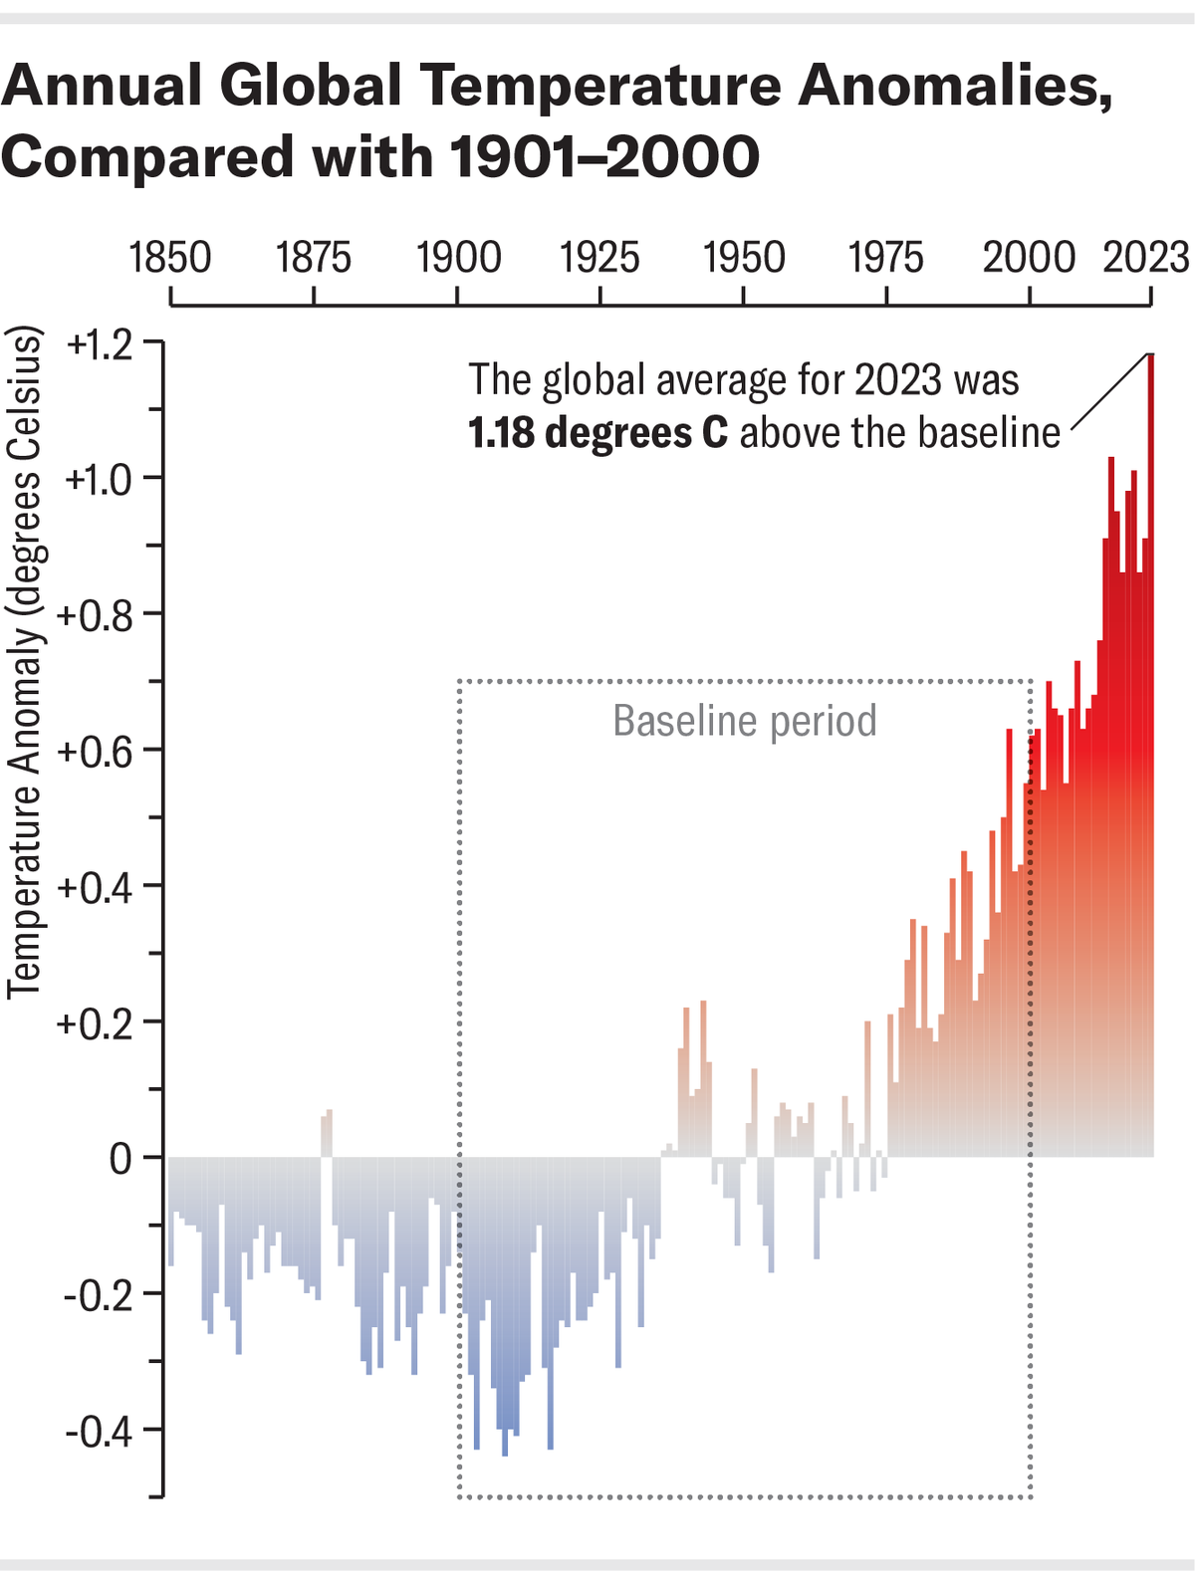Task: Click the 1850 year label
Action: [170, 258]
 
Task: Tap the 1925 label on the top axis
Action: [599, 258]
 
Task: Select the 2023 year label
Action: [1146, 258]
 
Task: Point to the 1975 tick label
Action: [885, 258]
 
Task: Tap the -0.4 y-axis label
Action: [99, 1433]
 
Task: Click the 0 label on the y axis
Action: [120, 1160]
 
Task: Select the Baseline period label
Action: [744, 721]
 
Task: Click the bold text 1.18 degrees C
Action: [597, 433]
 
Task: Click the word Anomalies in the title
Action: [954, 86]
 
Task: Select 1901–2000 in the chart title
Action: [604, 157]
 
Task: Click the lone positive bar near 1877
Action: [327, 1133]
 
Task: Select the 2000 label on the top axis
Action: [1029, 258]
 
